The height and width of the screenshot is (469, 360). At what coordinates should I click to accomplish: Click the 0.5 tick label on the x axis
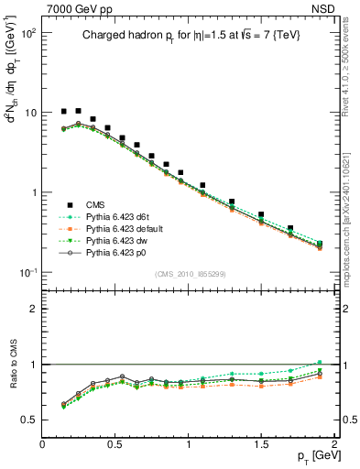(115, 442)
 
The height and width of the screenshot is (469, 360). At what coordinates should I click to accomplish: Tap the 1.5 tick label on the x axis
(262, 442)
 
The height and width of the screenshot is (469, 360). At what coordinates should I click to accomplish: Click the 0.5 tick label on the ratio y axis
(29, 420)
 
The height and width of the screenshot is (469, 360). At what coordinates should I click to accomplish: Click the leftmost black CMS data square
(63, 112)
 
